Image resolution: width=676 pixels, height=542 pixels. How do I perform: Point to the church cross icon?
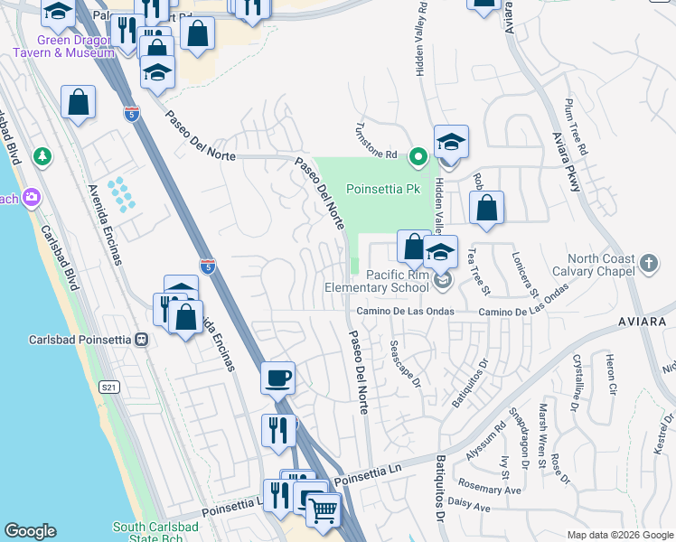click(x=647, y=264)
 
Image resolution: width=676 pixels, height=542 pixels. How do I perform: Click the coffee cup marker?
click(x=277, y=378)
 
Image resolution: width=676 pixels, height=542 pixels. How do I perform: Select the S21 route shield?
click(x=109, y=387)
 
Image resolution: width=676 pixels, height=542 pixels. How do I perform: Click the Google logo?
click(x=30, y=531)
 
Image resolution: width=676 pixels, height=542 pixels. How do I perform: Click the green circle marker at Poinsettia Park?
click(x=418, y=157)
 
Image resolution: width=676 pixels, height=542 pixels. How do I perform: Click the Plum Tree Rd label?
click(x=575, y=126)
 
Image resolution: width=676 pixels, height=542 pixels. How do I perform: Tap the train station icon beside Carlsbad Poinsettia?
click(x=141, y=340)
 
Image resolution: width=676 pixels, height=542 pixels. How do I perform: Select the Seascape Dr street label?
click(x=406, y=364)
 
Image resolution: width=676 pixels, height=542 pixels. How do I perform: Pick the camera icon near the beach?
click(x=33, y=197)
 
